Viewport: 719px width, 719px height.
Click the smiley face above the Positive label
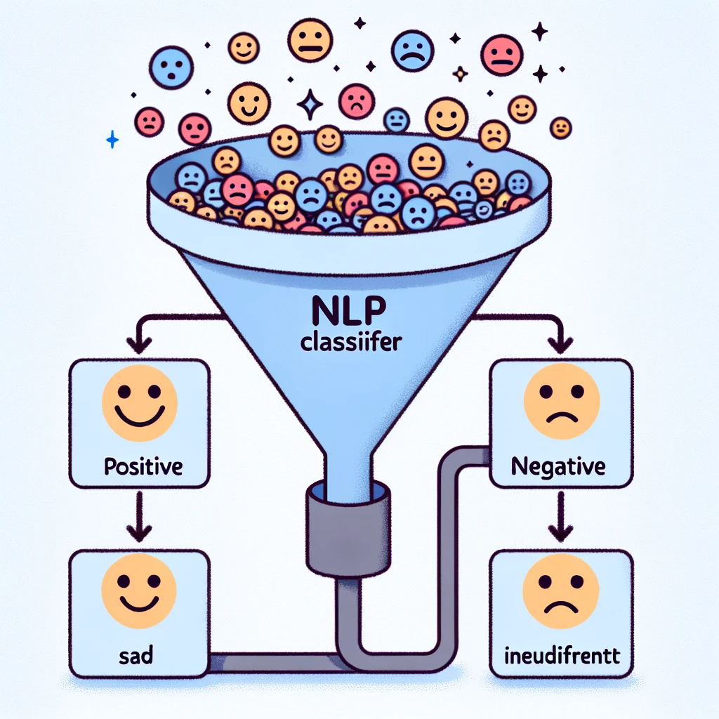point(139,402)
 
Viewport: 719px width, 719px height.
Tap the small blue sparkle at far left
point(112,141)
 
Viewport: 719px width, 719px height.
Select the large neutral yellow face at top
point(309,39)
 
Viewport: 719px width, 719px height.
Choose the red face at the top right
point(503,55)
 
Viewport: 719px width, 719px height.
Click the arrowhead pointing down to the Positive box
point(139,345)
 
